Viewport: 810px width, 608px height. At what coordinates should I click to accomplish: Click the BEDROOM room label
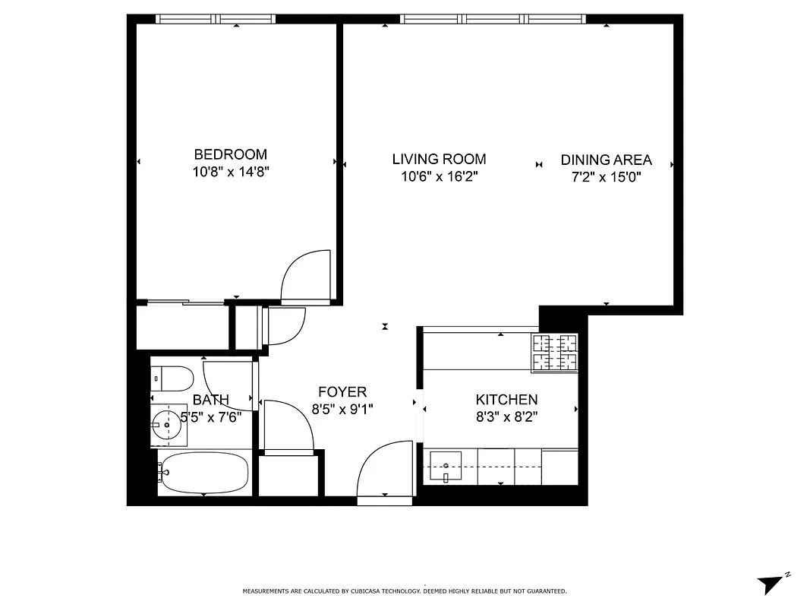(x=230, y=154)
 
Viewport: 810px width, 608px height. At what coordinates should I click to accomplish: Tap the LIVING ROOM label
(x=439, y=159)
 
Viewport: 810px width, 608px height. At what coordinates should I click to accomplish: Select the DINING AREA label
(x=606, y=160)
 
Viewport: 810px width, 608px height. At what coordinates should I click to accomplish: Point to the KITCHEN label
(x=506, y=400)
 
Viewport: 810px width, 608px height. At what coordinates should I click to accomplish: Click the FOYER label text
(x=342, y=392)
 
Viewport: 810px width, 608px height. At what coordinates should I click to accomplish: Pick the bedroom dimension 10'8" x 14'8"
(x=231, y=172)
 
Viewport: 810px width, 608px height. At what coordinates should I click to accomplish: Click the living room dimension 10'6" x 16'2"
(x=439, y=177)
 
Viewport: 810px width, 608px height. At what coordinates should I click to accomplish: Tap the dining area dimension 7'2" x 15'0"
(x=606, y=177)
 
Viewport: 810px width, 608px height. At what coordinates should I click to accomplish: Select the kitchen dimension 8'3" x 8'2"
(x=506, y=417)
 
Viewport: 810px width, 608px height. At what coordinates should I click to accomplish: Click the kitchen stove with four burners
(x=554, y=353)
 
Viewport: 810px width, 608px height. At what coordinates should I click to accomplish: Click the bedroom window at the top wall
(x=215, y=19)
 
